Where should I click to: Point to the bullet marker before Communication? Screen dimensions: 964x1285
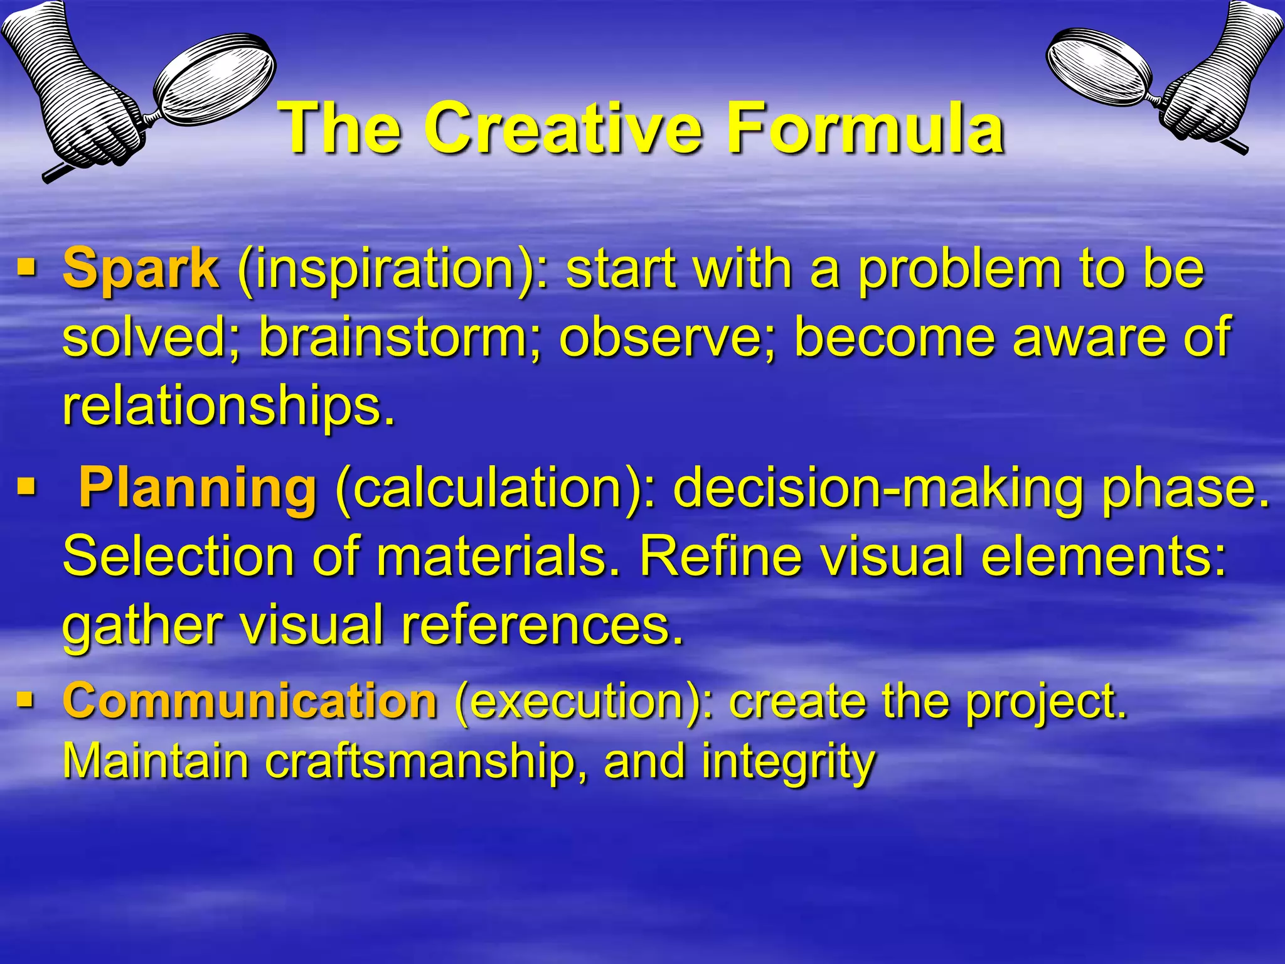[x=26, y=700]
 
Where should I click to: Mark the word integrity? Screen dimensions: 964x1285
[x=787, y=761]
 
